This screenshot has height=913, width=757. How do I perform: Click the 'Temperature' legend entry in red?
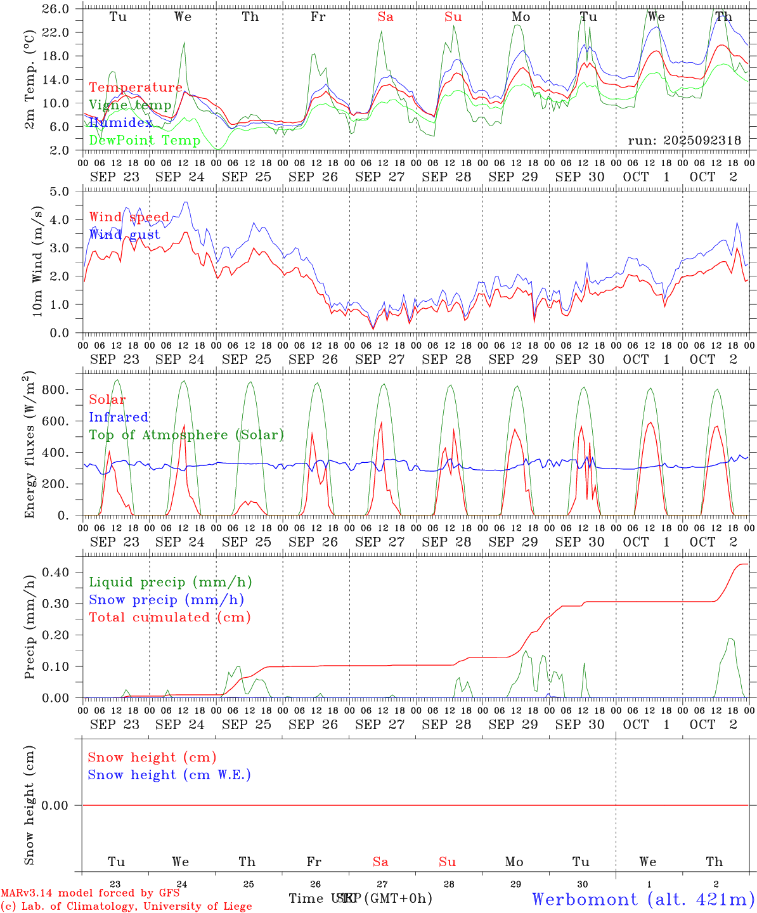point(136,87)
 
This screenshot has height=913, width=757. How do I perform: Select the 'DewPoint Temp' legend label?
point(145,140)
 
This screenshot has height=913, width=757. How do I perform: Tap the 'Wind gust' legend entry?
point(124,235)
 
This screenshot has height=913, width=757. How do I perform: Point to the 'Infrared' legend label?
point(119,417)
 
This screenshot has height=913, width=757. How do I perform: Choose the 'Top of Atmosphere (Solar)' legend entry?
point(186,435)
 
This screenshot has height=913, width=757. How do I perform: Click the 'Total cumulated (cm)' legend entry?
point(170,617)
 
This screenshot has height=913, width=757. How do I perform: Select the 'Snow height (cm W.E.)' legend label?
point(169,775)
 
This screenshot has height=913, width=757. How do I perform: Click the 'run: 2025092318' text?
point(684,140)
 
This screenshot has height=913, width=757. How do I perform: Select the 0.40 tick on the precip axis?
point(55,572)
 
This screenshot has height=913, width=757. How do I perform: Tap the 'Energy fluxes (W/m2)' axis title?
point(30,446)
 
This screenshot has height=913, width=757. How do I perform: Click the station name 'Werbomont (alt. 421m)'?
point(643,898)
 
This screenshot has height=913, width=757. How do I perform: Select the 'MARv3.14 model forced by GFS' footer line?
point(90,893)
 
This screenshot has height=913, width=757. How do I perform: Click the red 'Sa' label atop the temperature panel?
point(385,17)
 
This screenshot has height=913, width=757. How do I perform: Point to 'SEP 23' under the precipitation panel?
point(115,724)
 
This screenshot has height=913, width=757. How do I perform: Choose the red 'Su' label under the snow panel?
point(448,862)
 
